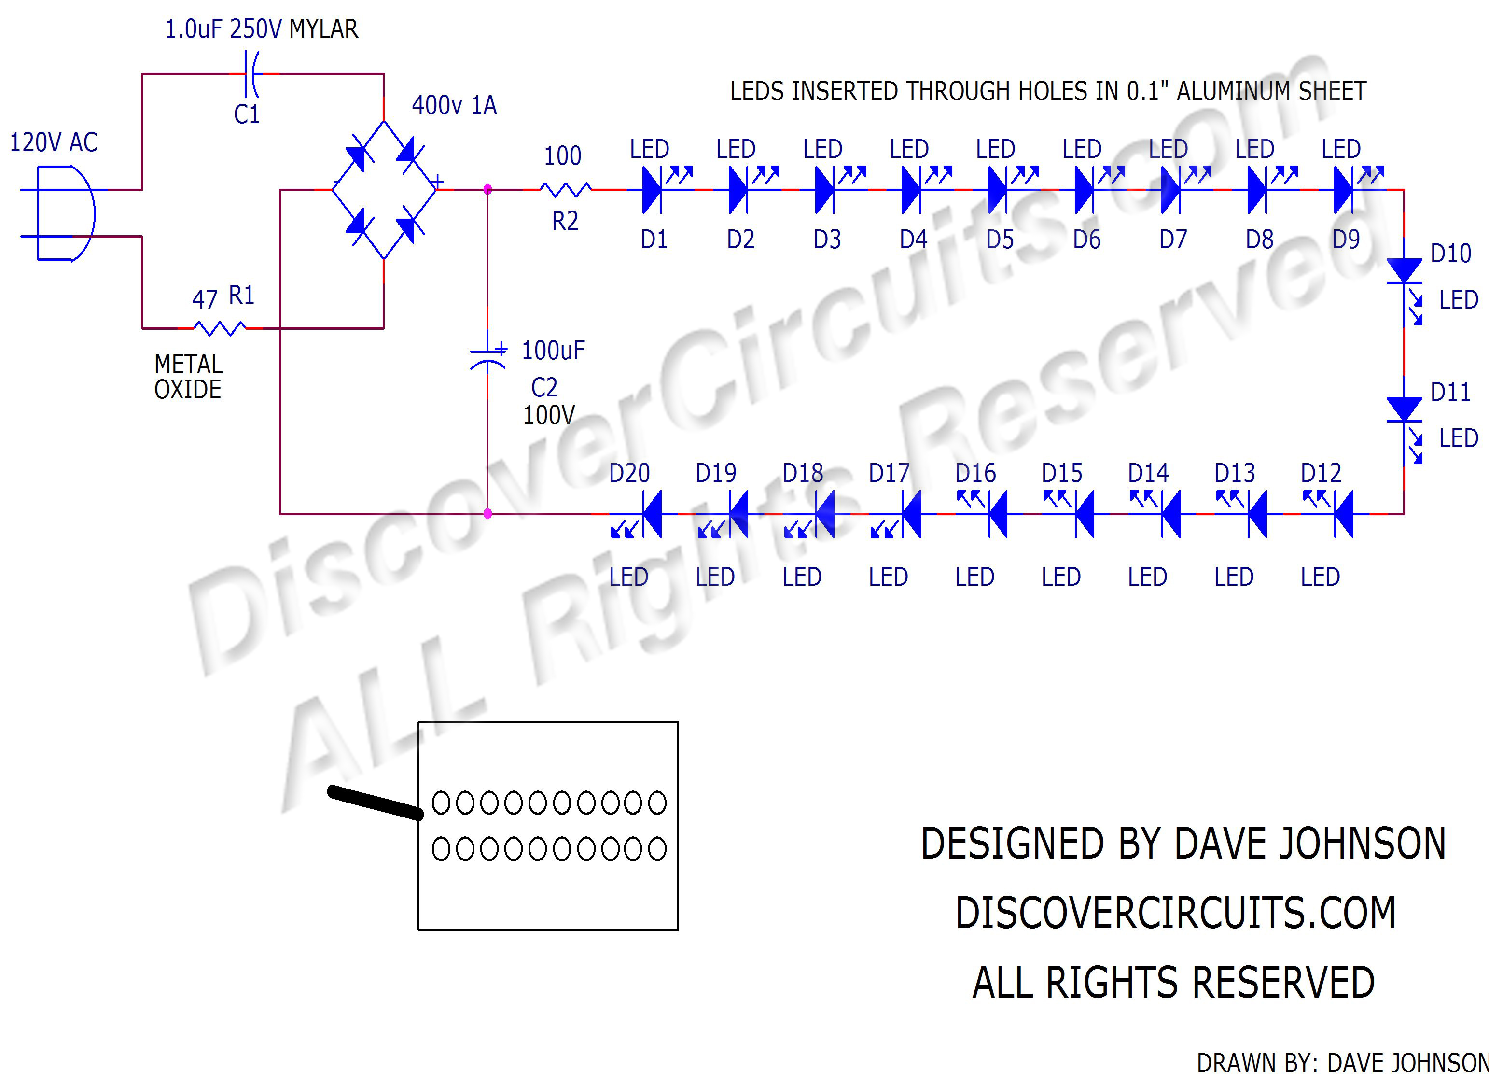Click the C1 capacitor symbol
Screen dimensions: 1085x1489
[x=251, y=74]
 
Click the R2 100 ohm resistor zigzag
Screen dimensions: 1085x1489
[x=565, y=190]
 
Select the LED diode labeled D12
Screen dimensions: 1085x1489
[x=1343, y=514]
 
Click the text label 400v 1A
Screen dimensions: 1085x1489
[x=454, y=105]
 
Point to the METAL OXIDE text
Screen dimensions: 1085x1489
[x=188, y=377]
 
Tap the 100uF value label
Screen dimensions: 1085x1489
[x=553, y=351]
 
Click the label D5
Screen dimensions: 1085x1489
[x=1000, y=240]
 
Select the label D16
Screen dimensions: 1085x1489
[x=975, y=473]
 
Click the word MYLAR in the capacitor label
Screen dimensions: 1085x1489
[x=324, y=29]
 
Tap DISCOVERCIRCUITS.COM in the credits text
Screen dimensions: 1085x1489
[x=1175, y=913]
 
